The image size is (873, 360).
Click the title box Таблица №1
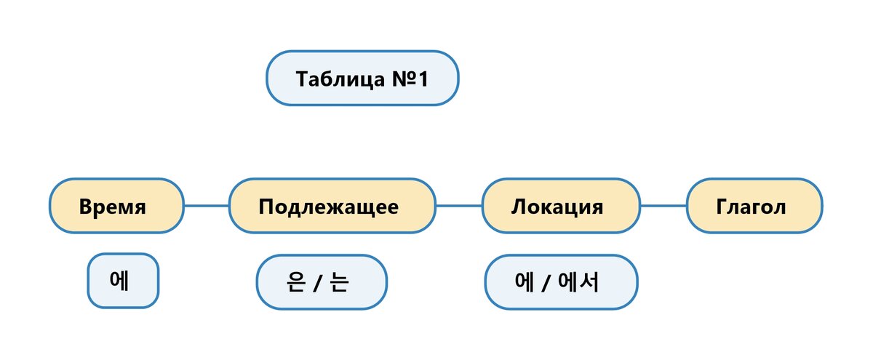click(x=362, y=78)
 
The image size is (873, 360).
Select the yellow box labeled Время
click(x=116, y=207)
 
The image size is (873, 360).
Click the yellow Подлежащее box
click(x=332, y=207)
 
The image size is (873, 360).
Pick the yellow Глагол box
click(x=754, y=207)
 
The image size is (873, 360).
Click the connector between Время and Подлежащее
click(x=207, y=207)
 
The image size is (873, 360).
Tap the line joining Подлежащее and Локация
click(x=458, y=207)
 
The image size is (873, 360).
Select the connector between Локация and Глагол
click(x=663, y=207)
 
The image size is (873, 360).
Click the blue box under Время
click(x=123, y=281)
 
